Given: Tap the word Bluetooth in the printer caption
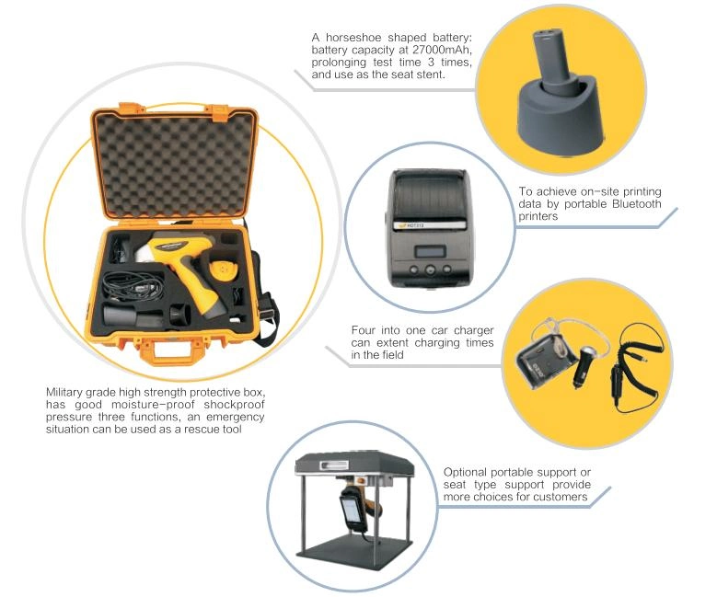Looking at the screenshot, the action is pos(636,204).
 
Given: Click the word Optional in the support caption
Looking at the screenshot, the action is pos(465,472).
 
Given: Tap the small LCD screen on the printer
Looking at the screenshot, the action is pos(430,252).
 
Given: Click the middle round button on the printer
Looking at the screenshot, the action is pos(430,270).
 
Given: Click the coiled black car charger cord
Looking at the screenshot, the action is pos(635,366).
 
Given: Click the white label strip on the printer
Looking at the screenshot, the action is pos(430,224).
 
